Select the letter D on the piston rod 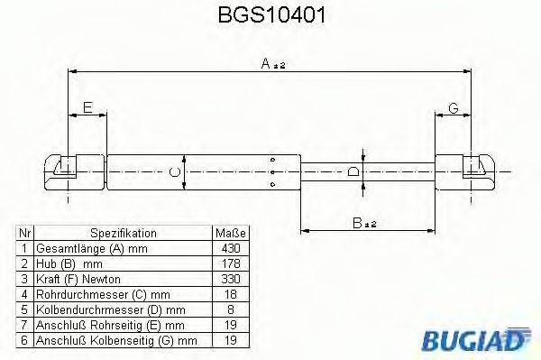pyautogui.click(x=354, y=171)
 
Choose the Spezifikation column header pyautogui.click(x=124, y=232)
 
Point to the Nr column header pyautogui.click(x=26, y=232)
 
